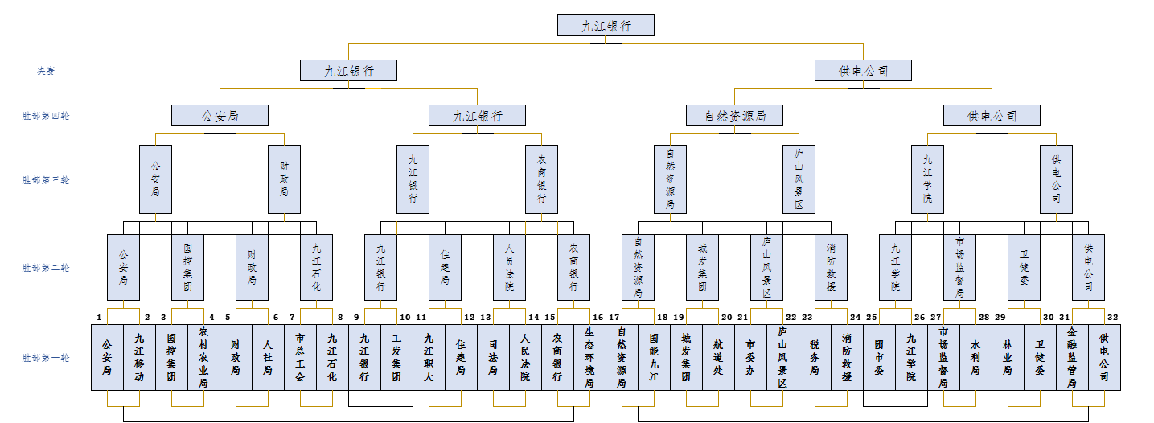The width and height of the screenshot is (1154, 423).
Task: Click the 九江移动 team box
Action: click(139, 357)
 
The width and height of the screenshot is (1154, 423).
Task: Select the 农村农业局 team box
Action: click(203, 357)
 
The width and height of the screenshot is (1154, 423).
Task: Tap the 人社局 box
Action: click(268, 357)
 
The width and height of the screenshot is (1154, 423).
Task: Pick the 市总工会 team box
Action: click(300, 357)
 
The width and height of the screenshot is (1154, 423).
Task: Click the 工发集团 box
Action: click(396, 357)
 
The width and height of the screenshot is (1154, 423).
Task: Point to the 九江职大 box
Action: click(429, 357)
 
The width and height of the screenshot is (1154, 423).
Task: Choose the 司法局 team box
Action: click(493, 357)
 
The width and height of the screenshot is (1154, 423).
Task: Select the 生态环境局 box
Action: click(589, 357)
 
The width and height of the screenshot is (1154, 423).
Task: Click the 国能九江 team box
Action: click(654, 357)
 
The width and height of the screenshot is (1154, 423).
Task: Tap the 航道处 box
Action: click(718, 357)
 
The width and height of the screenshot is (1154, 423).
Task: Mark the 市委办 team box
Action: click(750, 357)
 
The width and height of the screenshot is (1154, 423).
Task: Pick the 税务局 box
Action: click(815, 357)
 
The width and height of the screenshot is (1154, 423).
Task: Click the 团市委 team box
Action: click(879, 357)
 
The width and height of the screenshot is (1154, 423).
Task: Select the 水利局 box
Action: click(975, 357)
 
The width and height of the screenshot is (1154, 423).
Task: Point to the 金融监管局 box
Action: click(1072, 357)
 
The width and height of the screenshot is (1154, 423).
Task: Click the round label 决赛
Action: click(46, 71)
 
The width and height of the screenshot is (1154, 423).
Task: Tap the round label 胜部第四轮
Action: click(46, 116)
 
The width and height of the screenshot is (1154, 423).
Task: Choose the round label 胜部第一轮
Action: click(46, 358)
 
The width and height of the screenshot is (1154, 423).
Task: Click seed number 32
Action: click(1113, 317)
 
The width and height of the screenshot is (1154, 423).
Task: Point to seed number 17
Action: click(614, 317)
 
